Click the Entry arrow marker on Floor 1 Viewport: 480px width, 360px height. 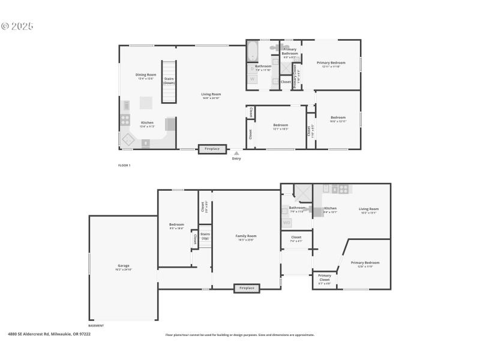(x=236, y=154)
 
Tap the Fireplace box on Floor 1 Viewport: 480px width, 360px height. (x=213, y=149)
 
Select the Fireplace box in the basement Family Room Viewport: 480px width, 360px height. (x=247, y=288)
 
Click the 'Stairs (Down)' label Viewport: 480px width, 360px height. (x=169, y=81)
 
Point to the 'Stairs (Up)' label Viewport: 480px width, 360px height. (x=205, y=236)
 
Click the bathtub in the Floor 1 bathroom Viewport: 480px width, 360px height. (x=253, y=52)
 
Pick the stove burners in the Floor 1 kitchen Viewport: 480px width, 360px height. (x=126, y=120)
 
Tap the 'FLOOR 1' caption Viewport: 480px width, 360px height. (x=124, y=165)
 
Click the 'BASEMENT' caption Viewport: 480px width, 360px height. (x=96, y=326)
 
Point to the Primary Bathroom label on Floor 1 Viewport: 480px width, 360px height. (x=290, y=52)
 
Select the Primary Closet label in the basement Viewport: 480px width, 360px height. (x=325, y=281)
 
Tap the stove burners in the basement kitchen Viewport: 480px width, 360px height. (x=344, y=188)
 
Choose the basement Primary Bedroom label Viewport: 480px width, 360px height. (x=365, y=264)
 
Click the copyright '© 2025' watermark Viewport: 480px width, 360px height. (x=17, y=26)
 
